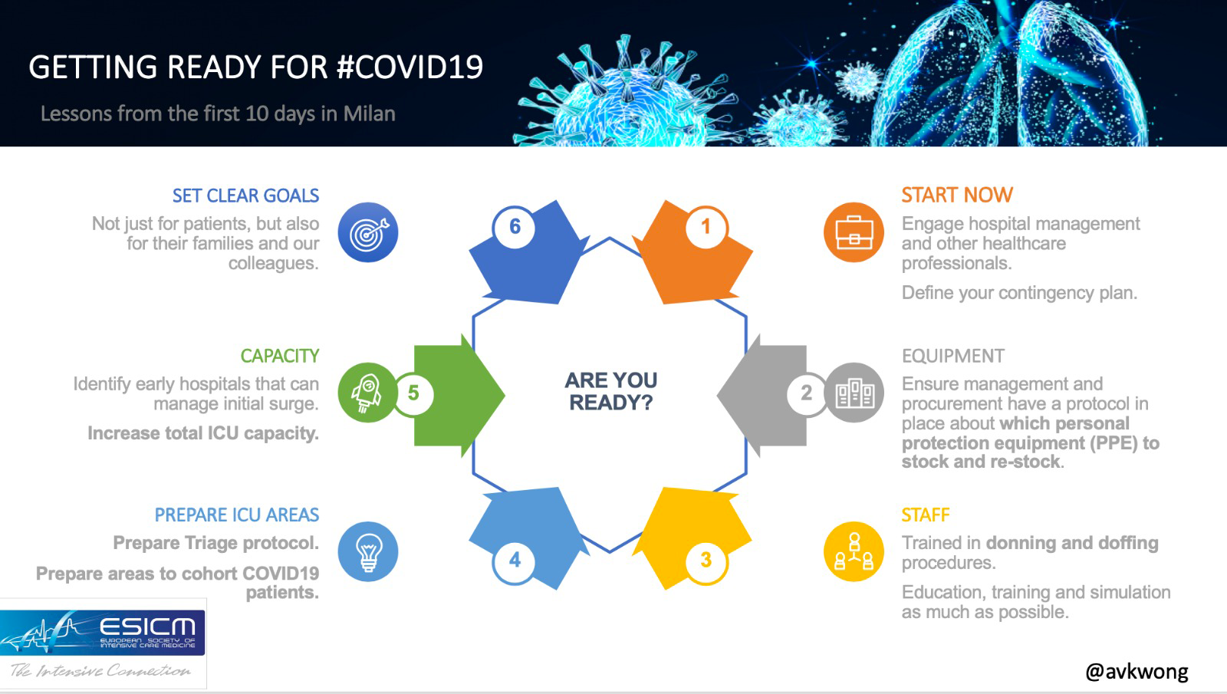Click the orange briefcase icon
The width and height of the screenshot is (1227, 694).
[x=854, y=232]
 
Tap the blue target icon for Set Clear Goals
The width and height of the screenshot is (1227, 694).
[x=368, y=232]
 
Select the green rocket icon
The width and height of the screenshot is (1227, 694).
[x=367, y=392]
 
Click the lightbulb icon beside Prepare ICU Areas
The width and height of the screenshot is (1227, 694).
[x=368, y=551]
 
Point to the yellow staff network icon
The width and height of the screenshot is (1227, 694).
[x=854, y=551]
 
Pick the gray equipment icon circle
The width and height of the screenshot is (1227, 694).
[x=854, y=392]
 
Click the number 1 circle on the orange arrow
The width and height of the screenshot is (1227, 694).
[x=706, y=227]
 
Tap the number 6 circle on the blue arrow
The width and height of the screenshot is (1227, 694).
[x=515, y=227]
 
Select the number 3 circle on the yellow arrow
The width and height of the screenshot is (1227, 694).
[x=706, y=560]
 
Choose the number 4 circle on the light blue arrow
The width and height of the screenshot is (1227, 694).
[x=515, y=560]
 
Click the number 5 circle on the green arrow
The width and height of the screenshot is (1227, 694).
[x=413, y=393]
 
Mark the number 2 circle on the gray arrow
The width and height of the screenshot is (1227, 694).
[x=806, y=393]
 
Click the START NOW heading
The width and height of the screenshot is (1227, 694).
[x=958, y=195]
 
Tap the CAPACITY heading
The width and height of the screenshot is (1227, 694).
[x=279, y=356]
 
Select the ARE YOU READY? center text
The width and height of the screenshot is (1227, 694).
[x=610, y=391]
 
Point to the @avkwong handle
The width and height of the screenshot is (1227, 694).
[x=1137, y=672]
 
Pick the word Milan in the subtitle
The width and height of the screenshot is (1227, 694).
[x=369, y=113]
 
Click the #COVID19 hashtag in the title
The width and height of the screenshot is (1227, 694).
[x=410, y=67]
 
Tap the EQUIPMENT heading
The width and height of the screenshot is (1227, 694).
[x=953, y=356]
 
